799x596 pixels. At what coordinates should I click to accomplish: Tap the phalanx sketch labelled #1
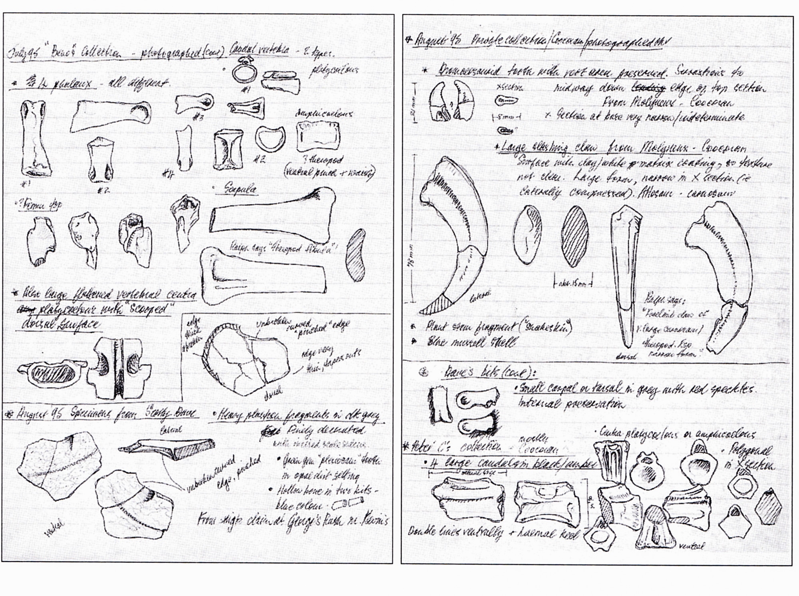point(36,138)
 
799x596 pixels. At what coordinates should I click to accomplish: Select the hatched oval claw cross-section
point(575,236)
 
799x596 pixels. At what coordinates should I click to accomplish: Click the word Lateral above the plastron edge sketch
point(171,430)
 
